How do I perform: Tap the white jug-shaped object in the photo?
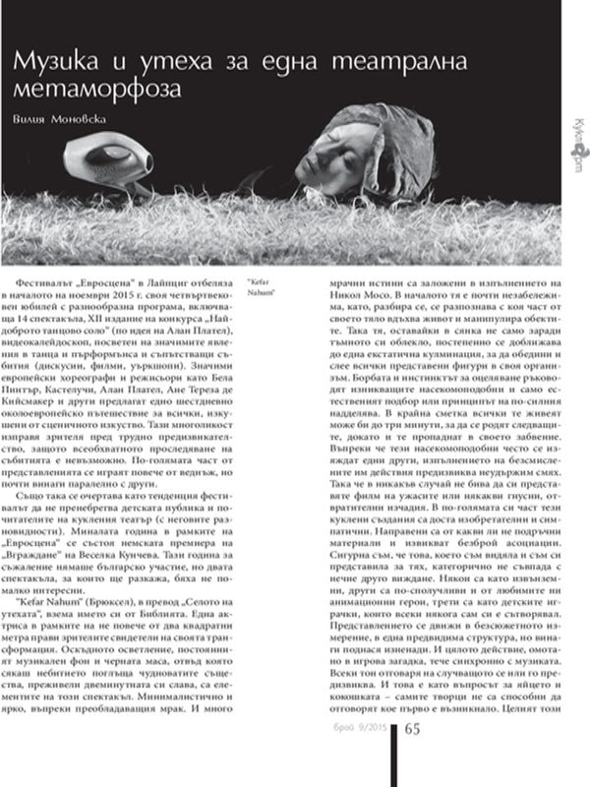click(104, 159)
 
